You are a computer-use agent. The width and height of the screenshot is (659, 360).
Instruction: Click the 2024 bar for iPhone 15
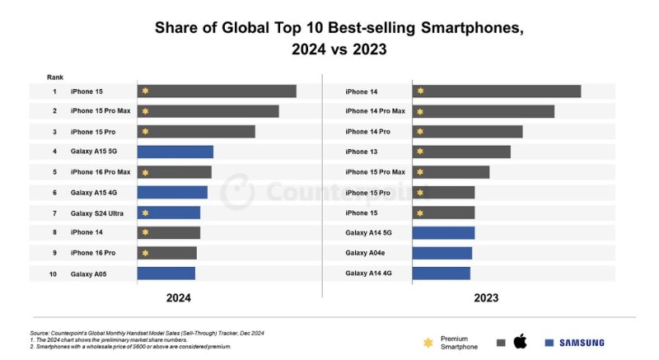[216, 91]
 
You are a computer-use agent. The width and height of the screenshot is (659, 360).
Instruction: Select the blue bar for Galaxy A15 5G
[175, 152]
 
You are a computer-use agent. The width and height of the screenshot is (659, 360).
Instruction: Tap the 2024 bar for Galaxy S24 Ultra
[168, 213]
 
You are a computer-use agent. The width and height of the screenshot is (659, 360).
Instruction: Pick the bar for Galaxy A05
[166, 274]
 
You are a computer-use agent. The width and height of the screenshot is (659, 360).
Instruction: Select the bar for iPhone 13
[460, 152]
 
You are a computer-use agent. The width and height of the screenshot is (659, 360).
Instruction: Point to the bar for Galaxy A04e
[442, 253]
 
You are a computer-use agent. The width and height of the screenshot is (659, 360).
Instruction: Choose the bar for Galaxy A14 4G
[441, 274]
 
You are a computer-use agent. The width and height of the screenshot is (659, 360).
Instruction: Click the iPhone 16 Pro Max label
[100, 172]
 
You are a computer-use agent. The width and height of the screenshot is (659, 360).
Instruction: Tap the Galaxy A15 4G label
[92, 193]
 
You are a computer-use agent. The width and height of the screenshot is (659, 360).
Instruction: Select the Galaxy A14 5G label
[367, 233]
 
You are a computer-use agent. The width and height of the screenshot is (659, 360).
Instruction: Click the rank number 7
[54, 213]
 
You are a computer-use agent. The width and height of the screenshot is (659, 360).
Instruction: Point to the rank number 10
[53, 274]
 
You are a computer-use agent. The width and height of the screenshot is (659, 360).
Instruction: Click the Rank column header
[54, 77]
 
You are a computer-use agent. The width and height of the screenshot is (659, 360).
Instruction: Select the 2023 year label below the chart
[486, 297]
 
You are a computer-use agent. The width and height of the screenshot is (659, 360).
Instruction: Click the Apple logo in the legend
[520, 342]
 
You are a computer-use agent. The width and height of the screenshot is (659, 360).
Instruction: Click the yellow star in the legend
[428, 342]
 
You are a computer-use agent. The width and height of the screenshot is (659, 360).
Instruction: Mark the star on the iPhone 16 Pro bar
[145, 253]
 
